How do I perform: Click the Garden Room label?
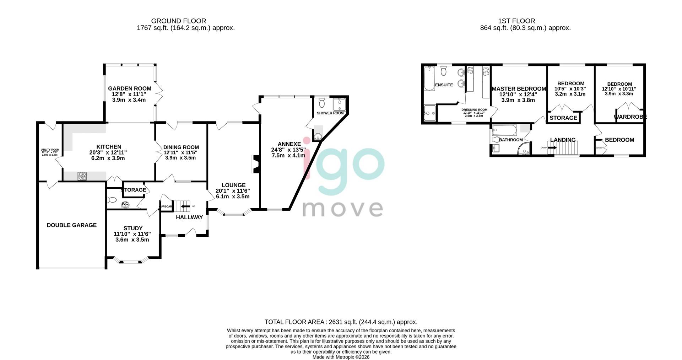(x=130, y=88)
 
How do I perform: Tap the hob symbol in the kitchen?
(x=82, y=176)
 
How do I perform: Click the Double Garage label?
(x=72, y=225)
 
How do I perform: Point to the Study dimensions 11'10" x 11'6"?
(x=132, y=234)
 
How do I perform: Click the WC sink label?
(x=125, y=204)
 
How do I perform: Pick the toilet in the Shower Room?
(x=322, y=103)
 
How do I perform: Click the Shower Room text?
(x=330, y=113)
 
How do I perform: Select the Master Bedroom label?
(x=519, y=89)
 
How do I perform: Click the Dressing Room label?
(x=474, y=110)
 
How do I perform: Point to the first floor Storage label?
(x=563, y=118)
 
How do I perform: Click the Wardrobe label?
(x=630, y=117)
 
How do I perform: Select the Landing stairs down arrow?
(x=552, y=147)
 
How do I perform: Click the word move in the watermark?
(x=342, y=209)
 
